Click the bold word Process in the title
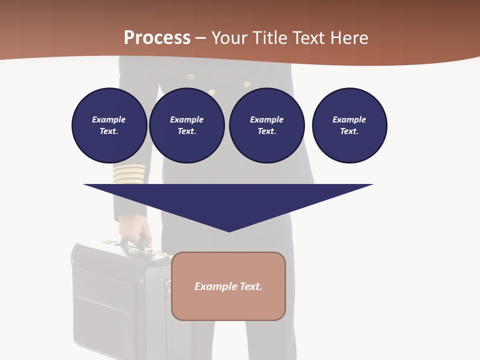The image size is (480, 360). tap(157, 38)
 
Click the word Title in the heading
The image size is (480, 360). tap(271, 38)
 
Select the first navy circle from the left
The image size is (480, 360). tap(109, 125)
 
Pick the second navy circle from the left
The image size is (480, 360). tap(187, 125)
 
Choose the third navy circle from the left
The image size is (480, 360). tap(267, 125)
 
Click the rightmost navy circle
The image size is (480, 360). tap(349, 125)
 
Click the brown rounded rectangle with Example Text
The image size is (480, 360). tap(228, 286)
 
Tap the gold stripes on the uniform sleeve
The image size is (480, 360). tap(128, 173)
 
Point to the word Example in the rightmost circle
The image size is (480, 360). tap(349, 119)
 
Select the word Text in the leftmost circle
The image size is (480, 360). tap(108, 131)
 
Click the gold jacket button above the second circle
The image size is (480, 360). tap(190, 77)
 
